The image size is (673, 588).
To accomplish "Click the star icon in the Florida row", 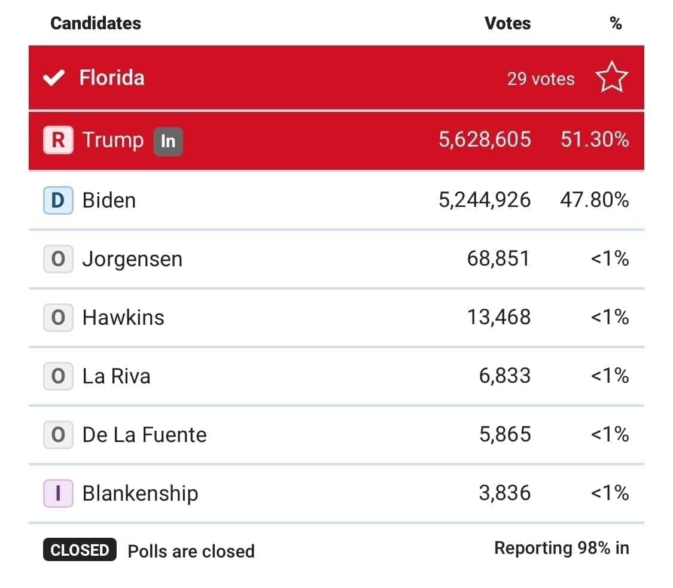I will click(611, 78).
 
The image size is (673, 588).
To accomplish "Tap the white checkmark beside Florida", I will click(54, 78).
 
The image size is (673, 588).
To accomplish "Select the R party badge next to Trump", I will click(58, 140).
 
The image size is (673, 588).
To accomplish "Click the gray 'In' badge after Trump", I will click(168, 141).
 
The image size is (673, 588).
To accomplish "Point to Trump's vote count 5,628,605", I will click(485, 140).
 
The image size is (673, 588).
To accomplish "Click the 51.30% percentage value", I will click(595, 140).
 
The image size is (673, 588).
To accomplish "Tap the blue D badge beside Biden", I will click(58, 200).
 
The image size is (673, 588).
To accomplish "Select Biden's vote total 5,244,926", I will click(485, 200).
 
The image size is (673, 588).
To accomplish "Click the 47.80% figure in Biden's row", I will click(594, 200).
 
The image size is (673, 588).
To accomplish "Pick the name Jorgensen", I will click(132, 260).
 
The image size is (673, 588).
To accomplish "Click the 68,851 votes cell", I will click(498, 258).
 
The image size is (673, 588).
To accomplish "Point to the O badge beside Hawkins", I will click(58, 317).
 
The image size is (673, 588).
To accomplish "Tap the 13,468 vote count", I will click(498, 317).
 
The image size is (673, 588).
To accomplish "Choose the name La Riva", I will click(116, 376).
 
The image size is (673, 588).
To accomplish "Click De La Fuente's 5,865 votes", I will click(505, 434).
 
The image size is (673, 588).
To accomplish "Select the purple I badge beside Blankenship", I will click(58, 493).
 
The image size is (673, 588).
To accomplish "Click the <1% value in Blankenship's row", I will click(610, 493).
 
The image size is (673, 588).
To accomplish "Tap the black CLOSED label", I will click(79, 550).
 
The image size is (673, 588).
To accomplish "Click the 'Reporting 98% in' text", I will click(561, 548).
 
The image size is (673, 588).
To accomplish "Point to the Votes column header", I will click(507, 23).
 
